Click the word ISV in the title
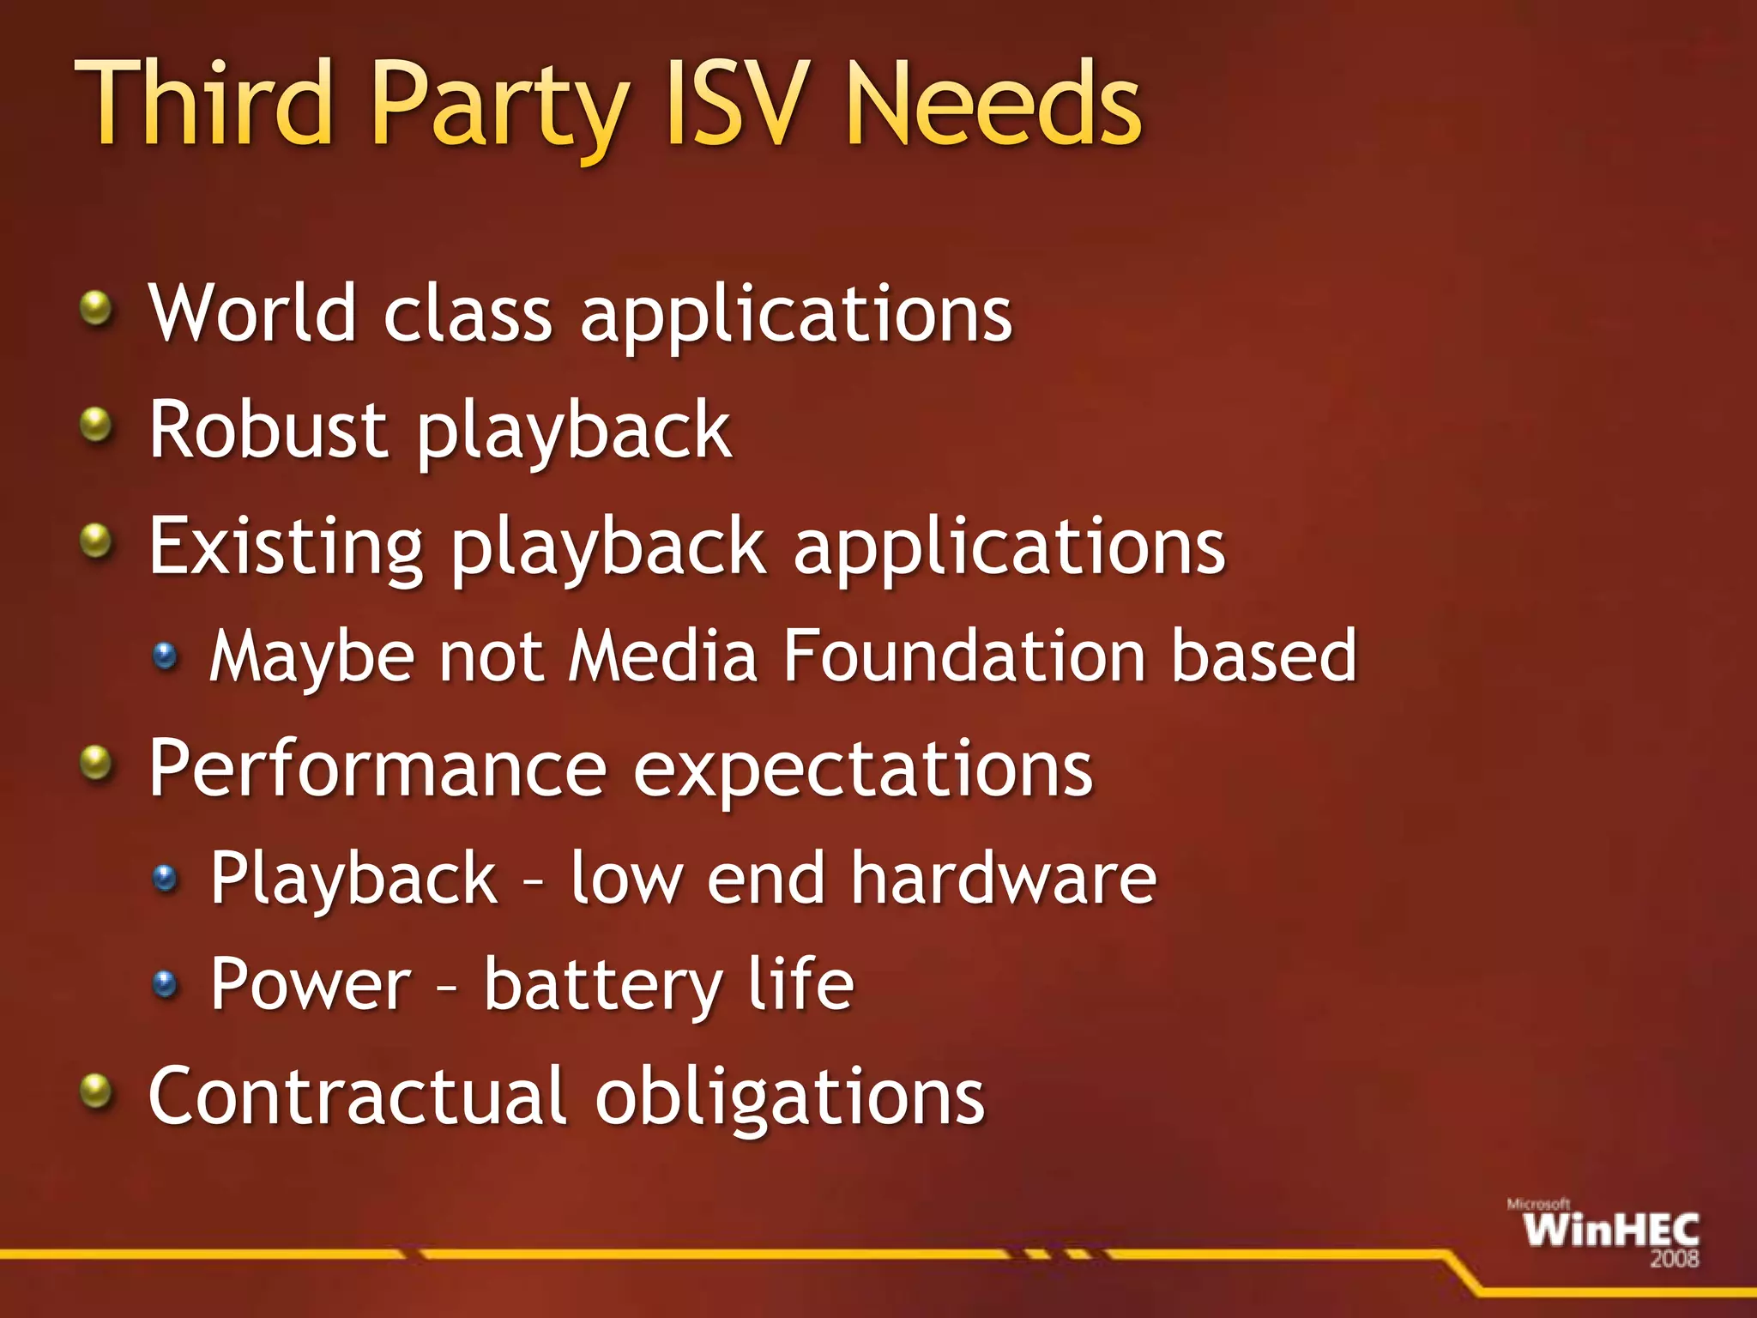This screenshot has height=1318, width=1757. pos(737,105)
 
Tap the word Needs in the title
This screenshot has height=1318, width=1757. pos(993,105)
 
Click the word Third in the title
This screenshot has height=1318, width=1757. pos(204,105)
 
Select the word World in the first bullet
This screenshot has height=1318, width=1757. pos(252,313)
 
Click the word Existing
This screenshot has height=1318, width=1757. pos(286,547)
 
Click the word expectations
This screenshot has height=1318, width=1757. pos(862,770)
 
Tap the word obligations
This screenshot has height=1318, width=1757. pos(790,1098)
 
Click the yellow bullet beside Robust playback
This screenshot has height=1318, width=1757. pos(96,424)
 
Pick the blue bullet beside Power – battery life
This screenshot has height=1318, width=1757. pos(165,983)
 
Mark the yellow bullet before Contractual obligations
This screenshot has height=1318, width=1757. pos(96,1091)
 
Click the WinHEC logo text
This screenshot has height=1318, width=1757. pos(1611,1231)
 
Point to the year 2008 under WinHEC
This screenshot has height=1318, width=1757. pos(1674,1259)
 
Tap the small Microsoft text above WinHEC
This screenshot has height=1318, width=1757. pos(1538,1205)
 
